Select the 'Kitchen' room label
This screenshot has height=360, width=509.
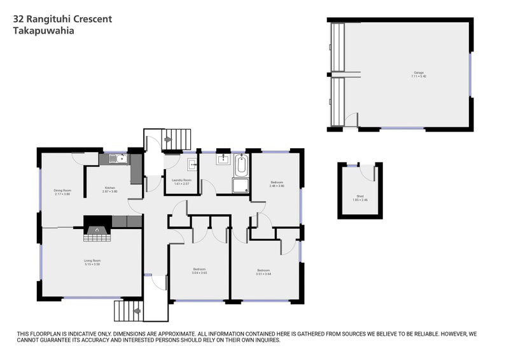coord(111,189)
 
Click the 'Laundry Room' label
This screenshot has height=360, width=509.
coord(181,181)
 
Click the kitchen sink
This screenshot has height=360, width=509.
coord(115,159)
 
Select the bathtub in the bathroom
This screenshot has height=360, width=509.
coord(241,166)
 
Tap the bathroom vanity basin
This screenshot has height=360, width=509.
coord(223,158)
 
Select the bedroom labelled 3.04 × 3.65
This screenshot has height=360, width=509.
coord(199,270)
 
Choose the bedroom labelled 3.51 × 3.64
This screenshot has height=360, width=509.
coord(263,272)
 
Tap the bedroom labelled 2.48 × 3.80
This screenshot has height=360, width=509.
coord(276,184)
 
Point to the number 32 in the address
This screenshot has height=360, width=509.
coord(20,19)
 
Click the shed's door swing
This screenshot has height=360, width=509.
coord(368,171)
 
